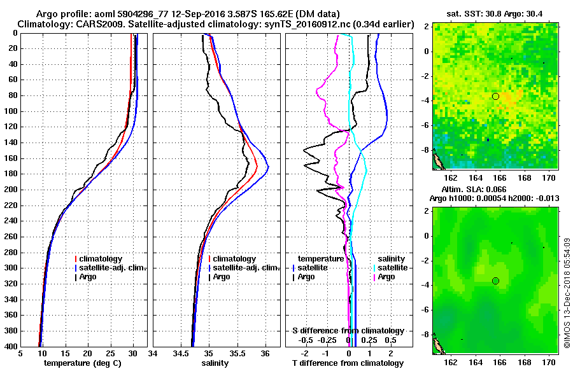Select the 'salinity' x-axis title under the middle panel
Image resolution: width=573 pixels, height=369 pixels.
coord(216,363)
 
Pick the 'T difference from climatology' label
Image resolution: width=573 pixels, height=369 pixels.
coord(348,363)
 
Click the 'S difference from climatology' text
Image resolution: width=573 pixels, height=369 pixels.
coord(348,331)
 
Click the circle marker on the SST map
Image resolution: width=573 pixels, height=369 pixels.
coord(495,96)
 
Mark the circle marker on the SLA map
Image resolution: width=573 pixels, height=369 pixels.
coord(495,281)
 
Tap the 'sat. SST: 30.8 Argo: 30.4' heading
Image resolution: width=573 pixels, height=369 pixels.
coord(495,13)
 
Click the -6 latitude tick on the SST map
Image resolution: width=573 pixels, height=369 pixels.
coord(427,125)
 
